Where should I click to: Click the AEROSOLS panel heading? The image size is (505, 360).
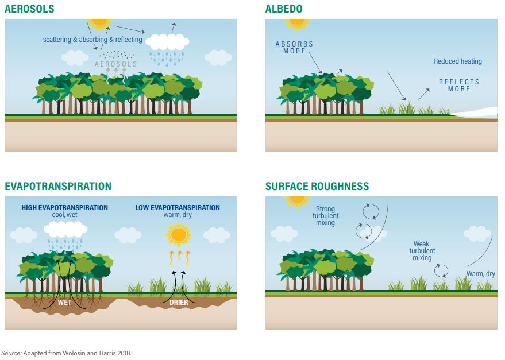click(29, 9)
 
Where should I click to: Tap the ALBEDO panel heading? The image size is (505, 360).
click(284, 9)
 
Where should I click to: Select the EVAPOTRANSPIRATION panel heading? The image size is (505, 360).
click(58, 186)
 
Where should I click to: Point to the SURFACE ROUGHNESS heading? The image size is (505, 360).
click(317, 186)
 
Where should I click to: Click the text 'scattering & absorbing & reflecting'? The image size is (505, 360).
click(92, 40)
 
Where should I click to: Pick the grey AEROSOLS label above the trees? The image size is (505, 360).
click(115, 64)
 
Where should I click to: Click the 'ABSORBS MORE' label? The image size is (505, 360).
click(294, 47)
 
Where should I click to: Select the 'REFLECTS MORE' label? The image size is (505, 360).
click(459, 86)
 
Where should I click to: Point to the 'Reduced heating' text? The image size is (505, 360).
click(458, 61)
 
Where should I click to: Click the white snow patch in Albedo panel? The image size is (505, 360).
click(475, 113)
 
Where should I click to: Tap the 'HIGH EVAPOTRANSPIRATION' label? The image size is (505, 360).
click(64, 208)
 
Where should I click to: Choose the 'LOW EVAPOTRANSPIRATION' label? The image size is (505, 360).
click(178, 208)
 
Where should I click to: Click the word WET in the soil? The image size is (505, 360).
click(64, 303)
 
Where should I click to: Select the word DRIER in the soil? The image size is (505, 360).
click(179, 303)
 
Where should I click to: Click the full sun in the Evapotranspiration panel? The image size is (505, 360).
click(179, 235)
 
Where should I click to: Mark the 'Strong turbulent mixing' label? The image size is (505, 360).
click(325, 216)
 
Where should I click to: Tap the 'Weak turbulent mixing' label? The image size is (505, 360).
click(422, 250)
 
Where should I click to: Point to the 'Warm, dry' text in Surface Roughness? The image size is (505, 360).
click(480, 274)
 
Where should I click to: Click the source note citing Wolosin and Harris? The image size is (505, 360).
click(66, 353)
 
